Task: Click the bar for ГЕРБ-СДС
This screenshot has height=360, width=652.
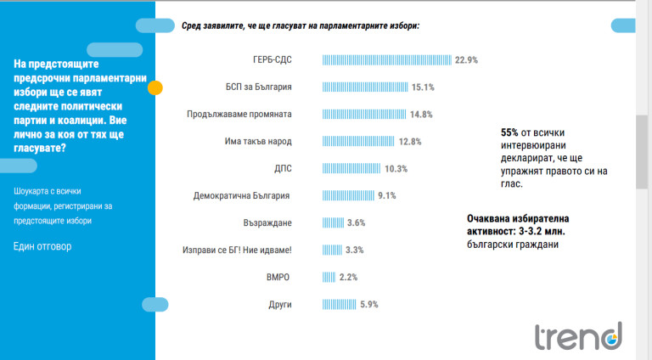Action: (387, 60)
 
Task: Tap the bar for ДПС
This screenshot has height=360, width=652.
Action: (352, 168)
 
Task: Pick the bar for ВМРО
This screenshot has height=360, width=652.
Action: (329, 277)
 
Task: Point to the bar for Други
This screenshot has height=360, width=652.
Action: (340, 304)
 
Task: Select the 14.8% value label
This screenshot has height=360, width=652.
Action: (422, 114)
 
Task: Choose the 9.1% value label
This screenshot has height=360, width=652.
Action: (387, 195)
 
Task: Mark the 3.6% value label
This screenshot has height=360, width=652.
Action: (356, 222)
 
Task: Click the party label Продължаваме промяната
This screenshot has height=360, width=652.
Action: (239, 114)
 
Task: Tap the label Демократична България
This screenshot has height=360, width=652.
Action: (243, 195)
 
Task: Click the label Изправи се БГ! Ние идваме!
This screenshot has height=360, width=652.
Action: (237, 250)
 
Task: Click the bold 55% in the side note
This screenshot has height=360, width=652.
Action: (509, 132)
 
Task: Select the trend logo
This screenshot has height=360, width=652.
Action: (577, 336)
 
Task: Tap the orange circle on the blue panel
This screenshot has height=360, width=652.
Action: (155, 87)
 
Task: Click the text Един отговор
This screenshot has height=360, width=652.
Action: (42, 246)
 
